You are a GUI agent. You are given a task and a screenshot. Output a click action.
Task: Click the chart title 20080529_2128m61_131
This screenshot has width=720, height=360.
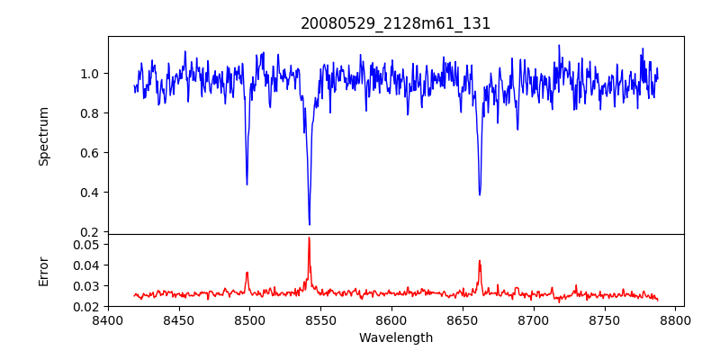point(396,23)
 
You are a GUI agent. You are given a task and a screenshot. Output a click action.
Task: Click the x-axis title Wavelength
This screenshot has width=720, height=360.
point(396,338)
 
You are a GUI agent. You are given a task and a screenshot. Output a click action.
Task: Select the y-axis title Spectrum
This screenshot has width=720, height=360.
point(43,136)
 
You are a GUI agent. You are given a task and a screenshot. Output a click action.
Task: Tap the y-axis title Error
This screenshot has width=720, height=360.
point(43,270)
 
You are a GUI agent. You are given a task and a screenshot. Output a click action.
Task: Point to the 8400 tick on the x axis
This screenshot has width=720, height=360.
point(108,319)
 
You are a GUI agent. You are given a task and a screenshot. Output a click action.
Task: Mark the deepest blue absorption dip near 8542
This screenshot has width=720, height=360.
point(310,224)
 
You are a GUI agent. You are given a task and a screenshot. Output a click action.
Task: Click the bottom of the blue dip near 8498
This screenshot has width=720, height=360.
point(247,184)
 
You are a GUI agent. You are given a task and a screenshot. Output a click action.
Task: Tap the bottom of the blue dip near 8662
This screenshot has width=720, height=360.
point(480,194)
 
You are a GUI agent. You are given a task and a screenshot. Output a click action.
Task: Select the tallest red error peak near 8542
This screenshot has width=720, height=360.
point(309,238)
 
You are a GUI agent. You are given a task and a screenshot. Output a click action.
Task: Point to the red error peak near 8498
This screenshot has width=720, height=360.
point(247,272)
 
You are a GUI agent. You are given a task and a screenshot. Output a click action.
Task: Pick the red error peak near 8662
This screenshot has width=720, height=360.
point(480,261)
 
